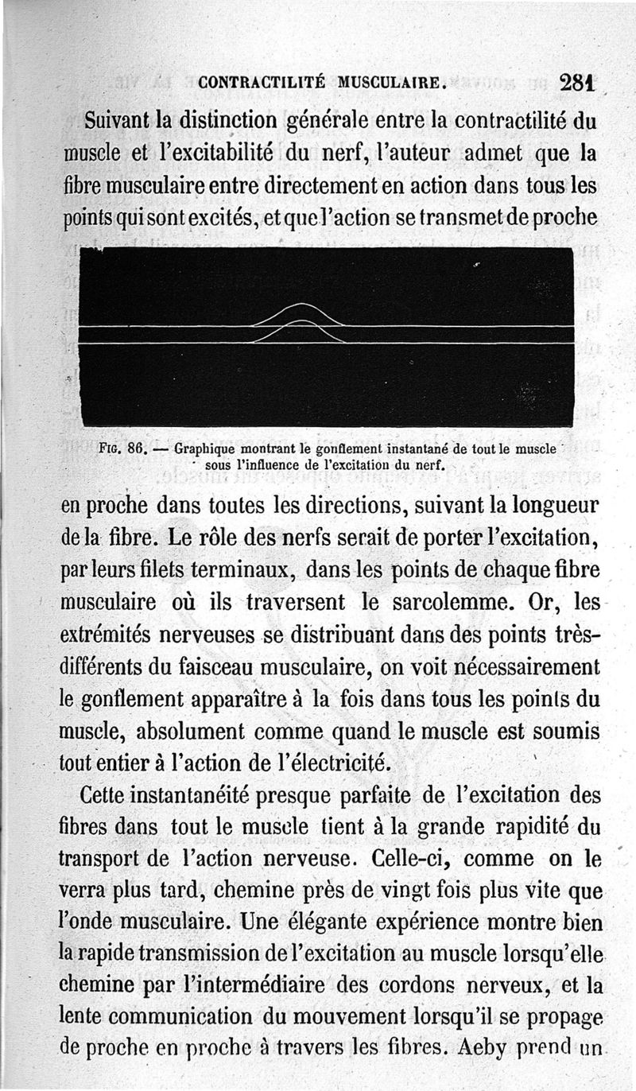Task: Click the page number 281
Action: click(x=578, y=82)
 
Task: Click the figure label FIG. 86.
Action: click(x=122, y=448)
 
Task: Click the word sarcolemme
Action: click(x=450, y=603)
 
